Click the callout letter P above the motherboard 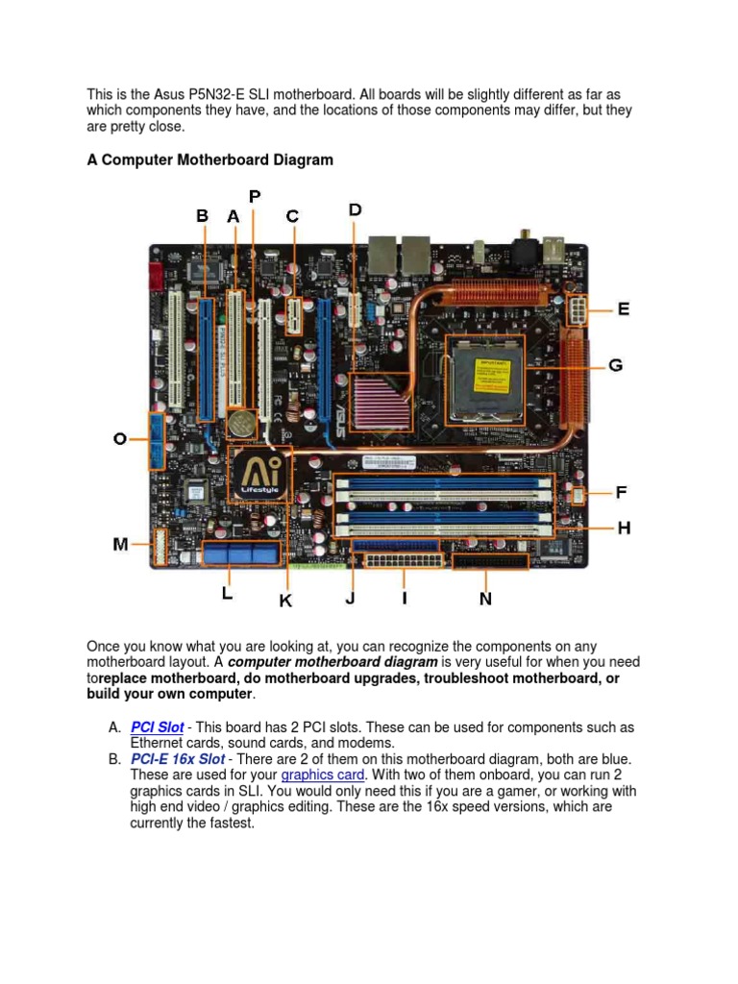(x=255, y=196)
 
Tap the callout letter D (x=355, y=209)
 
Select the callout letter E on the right (x=624, y=309)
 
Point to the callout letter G (x=616, y=365)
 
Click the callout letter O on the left (x=119, y=439)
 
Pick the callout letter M (x=120, y=545)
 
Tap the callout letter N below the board (x=485, y=599)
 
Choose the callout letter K (x=285, y=601)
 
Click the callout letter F (x=622, y=493)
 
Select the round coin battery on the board (x=243, y=422)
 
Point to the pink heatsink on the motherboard (x=382, y=400)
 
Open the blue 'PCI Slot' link (x=157, y=727)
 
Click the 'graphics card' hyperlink (x=323, y=775)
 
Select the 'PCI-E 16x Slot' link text (x=178, y=759)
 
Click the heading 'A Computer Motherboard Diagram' (x=210, y=160)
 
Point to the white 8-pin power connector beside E (x=579, y=310)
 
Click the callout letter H (x=624, y=529)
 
